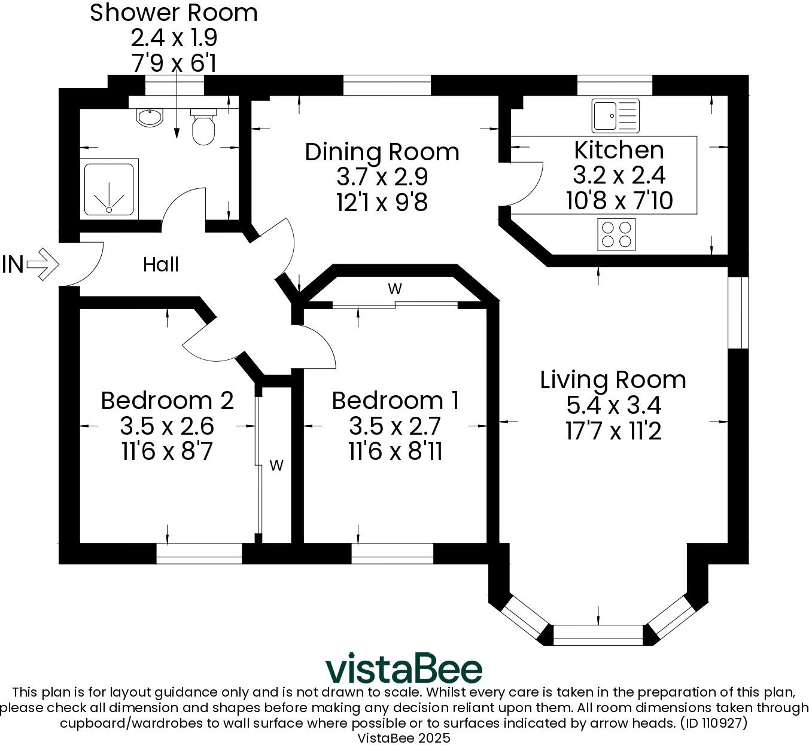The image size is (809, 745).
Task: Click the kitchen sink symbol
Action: (615, 115)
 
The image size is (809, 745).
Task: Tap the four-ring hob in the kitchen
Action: (617, 234)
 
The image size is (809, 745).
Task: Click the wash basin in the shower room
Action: (149, 117)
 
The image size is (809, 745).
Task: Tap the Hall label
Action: (160, 264)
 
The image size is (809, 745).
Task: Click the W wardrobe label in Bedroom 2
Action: (276, 465)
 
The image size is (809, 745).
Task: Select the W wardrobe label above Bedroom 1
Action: (394, 289)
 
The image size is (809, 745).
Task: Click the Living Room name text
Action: (613, 380)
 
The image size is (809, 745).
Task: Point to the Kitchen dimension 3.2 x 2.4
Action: (619, 175)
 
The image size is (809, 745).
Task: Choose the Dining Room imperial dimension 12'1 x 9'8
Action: (382, 203)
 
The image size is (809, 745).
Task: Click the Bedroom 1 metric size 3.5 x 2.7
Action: (394, 426)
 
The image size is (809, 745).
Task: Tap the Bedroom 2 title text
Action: (167, 400)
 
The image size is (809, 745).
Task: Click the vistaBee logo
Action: (404, 668)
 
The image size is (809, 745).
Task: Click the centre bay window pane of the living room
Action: (598, 635)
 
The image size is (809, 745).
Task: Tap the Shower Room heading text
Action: (174, 13)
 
